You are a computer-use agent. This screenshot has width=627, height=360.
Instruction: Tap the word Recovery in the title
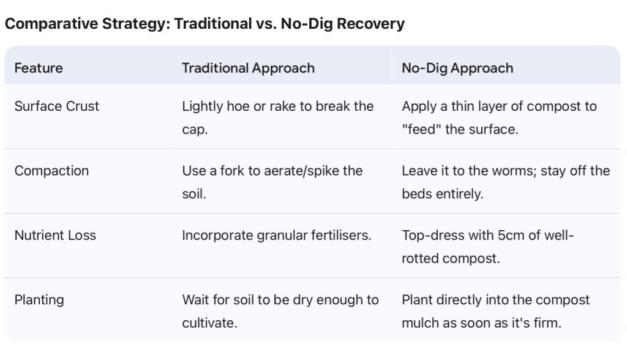point(370,24)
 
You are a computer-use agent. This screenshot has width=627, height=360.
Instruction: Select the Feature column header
point(39,68)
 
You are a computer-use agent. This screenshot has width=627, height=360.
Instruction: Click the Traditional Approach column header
point(249,69)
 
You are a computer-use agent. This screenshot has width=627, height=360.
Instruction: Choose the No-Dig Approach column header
point(457,69)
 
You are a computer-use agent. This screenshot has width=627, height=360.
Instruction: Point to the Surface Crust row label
point(57,107)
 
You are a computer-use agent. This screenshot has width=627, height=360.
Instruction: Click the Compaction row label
point(51,171)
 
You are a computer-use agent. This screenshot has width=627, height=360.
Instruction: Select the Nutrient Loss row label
point(55,235)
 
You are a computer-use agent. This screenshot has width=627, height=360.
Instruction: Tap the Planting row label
point(39,300)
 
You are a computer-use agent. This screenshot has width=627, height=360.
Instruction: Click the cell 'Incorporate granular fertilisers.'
point(277,236)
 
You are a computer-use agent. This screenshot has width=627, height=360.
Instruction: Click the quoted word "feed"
point(420,129)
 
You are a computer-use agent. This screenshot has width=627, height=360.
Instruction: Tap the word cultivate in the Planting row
point(209,323)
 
